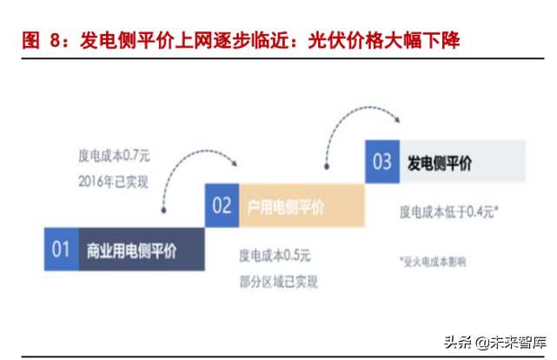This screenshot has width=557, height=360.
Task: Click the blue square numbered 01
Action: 60,250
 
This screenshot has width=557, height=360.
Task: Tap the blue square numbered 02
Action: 222,206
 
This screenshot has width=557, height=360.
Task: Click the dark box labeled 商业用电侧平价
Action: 140,250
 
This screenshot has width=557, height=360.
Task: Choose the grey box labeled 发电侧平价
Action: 461,161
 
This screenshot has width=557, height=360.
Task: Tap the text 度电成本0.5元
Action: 275,256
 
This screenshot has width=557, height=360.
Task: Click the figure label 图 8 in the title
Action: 43,40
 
